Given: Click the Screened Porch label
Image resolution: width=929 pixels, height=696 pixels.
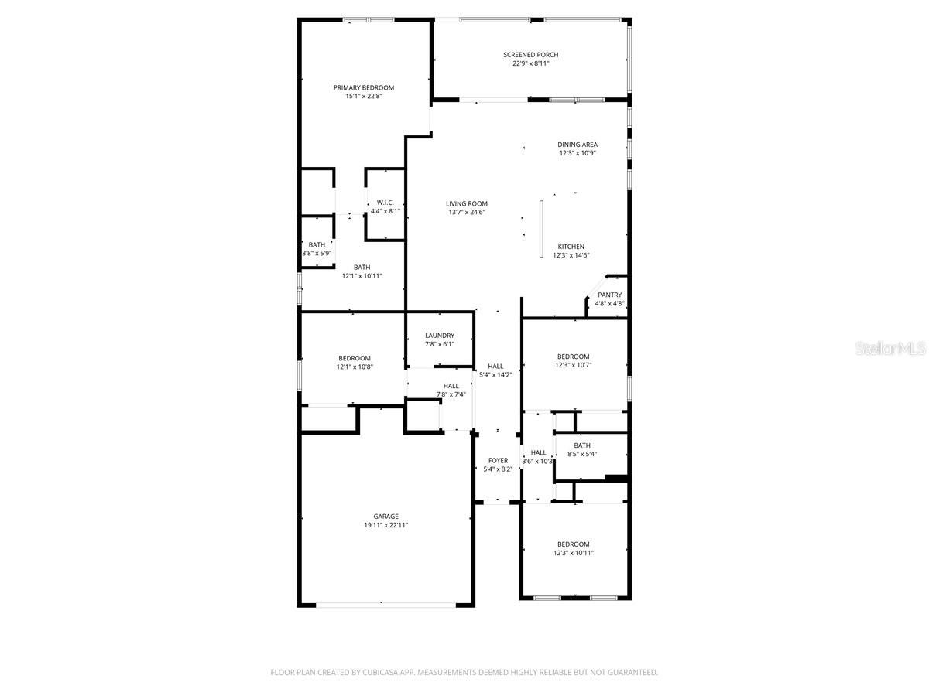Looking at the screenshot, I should (530, 55).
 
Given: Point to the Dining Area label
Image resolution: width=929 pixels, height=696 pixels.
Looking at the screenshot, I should (578, 145).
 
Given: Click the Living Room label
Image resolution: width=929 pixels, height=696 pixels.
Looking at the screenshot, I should (467, 203).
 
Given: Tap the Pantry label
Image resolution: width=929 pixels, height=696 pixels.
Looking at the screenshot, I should (609, 295).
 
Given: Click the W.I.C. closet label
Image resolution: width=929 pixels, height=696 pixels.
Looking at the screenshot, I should (386, 203).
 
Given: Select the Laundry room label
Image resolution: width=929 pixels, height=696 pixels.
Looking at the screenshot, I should (439, 336).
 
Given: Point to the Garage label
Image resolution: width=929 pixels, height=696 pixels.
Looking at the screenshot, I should (386, 517).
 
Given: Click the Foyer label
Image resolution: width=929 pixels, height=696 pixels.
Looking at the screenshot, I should (498, 461).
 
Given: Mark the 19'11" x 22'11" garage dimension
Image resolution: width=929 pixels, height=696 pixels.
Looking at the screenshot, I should (386, 526).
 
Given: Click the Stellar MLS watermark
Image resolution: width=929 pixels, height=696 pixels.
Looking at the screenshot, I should (890, 350).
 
